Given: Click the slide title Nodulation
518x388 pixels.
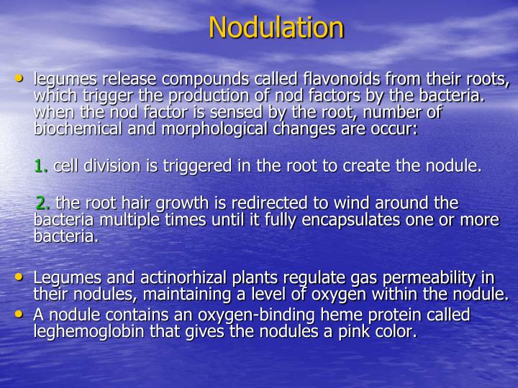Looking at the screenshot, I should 276,28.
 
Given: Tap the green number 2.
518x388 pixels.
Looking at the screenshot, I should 42,203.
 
